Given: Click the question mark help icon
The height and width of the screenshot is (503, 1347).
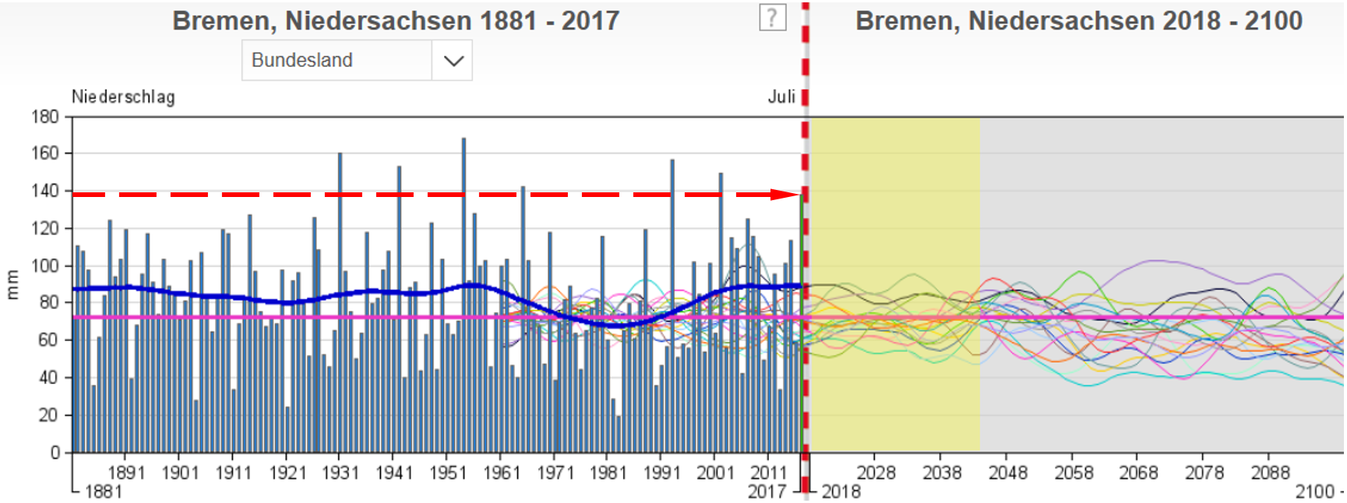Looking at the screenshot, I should pos(772,17).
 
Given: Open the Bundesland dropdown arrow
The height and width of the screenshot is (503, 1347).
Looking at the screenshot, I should pos(453,61).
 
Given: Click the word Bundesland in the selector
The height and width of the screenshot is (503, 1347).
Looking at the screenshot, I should pos(302,61).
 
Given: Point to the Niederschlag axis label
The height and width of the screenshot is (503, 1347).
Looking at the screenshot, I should pos(123,97).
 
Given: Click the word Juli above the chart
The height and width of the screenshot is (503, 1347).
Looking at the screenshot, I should pos(781,97).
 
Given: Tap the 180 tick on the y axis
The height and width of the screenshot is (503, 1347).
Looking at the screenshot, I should pos(45,117).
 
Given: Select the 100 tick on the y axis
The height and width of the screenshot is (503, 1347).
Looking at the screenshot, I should pos(45,266).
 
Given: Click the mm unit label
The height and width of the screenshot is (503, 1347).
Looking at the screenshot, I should pos(12,284).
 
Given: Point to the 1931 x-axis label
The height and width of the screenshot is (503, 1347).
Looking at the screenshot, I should pos(340,473).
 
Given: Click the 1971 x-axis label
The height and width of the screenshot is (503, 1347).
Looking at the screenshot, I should pos(555,473).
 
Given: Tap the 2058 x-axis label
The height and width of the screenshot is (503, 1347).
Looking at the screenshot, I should pos(1074,473).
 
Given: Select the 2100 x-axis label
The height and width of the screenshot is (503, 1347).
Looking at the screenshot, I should pos(1315,491).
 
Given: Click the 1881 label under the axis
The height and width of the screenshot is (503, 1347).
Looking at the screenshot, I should pos(104,491).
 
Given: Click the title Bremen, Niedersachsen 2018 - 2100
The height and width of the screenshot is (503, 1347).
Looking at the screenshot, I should pos(1079,21).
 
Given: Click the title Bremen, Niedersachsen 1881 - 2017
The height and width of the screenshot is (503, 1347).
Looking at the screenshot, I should pos(396,21).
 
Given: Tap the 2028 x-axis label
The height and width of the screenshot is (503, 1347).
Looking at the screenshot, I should pos(876,473).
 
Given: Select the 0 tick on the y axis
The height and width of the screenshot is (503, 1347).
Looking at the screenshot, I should pos(55,452).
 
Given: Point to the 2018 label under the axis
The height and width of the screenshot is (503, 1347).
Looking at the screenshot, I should pos(841,491).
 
